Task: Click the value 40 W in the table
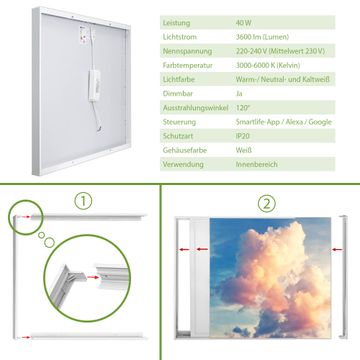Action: coord(244,23)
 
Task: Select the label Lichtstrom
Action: coord(180,37)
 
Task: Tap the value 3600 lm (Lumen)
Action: coord(262,37)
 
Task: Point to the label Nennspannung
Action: coord(187,51)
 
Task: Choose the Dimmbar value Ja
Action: coord(239,94)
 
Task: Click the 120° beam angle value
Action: coord(243,108)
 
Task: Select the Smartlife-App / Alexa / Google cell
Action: coord(284,122)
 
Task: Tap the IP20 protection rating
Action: coord(243,136)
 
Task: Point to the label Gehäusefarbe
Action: coord(185,150)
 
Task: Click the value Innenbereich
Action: coord(257,164)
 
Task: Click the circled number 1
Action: coord(83,201)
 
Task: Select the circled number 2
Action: coord(267,204)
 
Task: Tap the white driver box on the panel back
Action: coord(94,85)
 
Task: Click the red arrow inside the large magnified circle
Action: coord(94,277)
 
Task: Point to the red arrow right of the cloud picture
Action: coord(337,249)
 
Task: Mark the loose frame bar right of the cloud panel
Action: coord(344,277)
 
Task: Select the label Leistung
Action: coord(177,23)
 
